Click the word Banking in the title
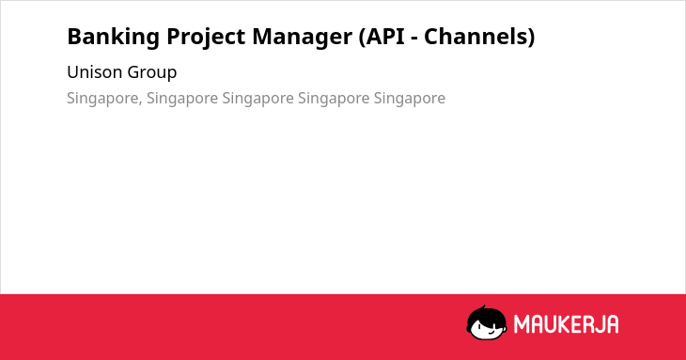114,37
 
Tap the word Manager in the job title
303,38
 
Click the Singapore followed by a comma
102,99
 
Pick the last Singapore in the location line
410,99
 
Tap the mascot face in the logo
487,322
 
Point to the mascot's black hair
487,314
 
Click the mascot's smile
490,333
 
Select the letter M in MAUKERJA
522,324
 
